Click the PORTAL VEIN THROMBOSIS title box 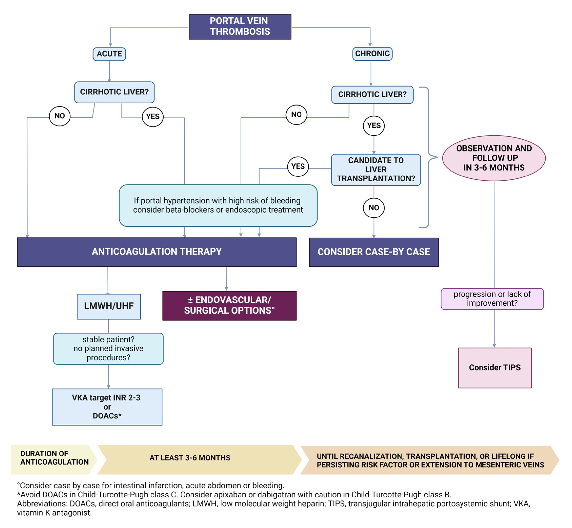(x=240, y=27)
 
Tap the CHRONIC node (x=372, y=54)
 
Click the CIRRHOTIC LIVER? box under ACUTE (x=114, y=92)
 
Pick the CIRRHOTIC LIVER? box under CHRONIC (x=372, y=95)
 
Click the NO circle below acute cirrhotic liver (x=60, y=116)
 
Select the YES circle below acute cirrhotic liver (x=153, y=117)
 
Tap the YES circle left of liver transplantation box (x=298, y=167)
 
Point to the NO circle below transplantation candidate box (x=374, y=208)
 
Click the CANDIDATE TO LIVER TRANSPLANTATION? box (x=376, y=170)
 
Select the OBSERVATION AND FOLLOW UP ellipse (x=494, y=158)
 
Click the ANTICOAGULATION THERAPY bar (x=157, y=252)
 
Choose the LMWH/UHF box (x=109, y=306)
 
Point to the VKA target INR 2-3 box (x=107, y=407)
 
